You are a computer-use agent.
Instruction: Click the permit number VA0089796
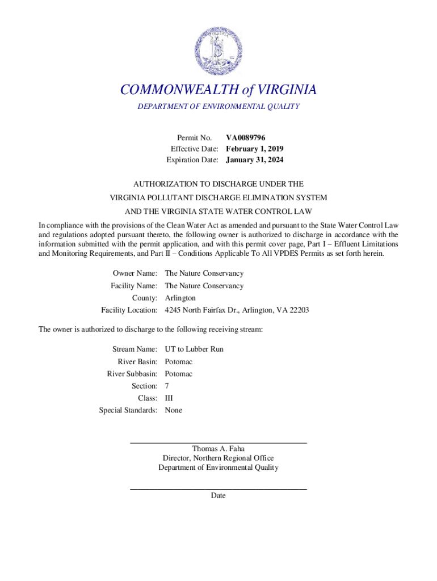pos(246,137)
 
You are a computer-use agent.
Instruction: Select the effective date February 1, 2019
pos(254,149)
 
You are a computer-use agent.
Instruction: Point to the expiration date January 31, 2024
pos(254,160)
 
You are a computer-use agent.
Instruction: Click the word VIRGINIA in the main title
pos(287,90)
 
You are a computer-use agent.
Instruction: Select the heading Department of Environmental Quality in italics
pos(218,107)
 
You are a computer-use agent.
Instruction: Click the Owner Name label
pos(135,273)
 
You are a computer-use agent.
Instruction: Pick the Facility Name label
pos(134,286)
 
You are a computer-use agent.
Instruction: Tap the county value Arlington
pos(180,298)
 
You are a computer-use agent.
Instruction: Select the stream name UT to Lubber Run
pos(194,349)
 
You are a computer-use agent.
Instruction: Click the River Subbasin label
pos(132,374)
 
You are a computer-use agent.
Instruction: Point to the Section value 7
pos(167,386)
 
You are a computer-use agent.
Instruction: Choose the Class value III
pos(169,398)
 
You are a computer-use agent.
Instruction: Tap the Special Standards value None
pos(174,410)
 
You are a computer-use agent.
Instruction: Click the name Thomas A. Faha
pos(218,449)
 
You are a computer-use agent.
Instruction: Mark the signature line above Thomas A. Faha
pos(218,442)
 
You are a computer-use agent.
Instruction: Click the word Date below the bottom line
pos(218,495)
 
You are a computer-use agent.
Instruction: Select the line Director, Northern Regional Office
pos(218,458)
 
